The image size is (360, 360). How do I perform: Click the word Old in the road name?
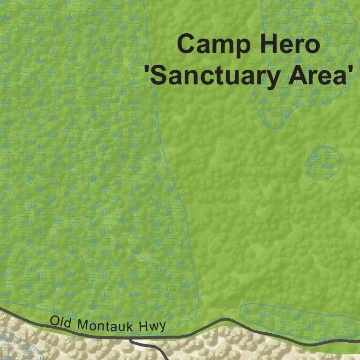pyautogui.click(x=60, y=322)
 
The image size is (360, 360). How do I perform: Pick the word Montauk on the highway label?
pyautogui.click(x=105, y=325)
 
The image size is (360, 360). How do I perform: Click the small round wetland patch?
pyautogui.click(x=322, y=163)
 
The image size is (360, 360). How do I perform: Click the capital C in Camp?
pyautogui.click(x=187, y=45)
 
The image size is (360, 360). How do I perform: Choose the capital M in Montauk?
pyautogui.click(x=82, y=324)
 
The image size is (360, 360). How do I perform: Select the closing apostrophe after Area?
pyautogui.click(x=349, y=70)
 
